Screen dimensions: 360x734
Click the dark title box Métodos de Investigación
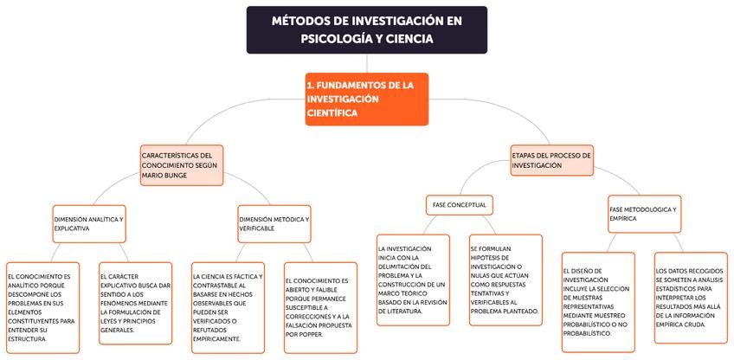click(x=366, y=29)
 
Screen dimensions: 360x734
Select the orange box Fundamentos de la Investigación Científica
click(x=366, y=99)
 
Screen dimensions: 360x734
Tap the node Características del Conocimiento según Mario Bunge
click(x=182, y=164)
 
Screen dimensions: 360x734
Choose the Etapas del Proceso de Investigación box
click(x=551, y=159)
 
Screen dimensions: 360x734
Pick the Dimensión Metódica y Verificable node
click(x=274, y=223)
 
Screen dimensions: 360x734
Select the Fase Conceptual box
click(x=460, y=205)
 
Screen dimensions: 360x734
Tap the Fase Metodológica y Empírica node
click(x=644, y=214)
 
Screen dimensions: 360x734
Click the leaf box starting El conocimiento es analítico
click(x=42, y=306)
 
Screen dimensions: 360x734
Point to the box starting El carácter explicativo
click(x=134, y=302)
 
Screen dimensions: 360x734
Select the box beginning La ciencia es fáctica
click(x=228, y=307)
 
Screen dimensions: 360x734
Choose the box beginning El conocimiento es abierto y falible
click(x=319, y=307)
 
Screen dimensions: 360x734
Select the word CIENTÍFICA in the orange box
click(x=332, y=112)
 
